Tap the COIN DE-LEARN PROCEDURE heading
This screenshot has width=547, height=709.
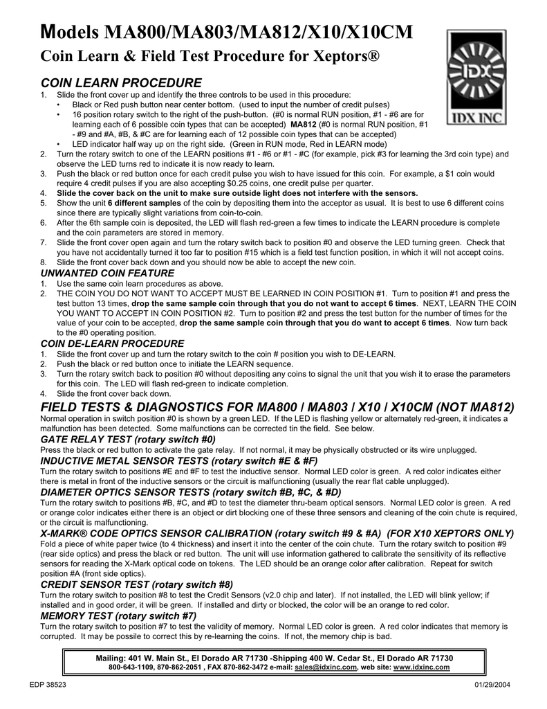[113, 343]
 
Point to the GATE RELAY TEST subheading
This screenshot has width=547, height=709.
[129, 439]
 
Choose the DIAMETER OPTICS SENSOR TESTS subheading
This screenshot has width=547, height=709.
[192, 492]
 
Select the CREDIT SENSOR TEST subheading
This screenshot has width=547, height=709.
[137, 584]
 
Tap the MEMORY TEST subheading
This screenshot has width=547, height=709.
[119, 615]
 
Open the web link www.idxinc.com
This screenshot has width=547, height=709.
[421, 667]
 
